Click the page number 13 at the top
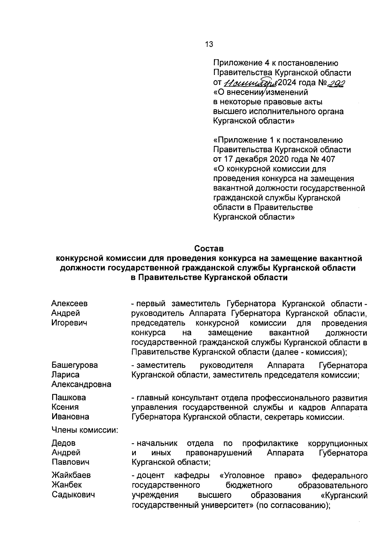pyautogui.click(x=209, y=44)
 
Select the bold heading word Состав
pyautogui.click(x=209, y=249)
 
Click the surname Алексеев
pyautogui.click(x=69, y=304)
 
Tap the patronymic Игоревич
pyautogui.click(x=69, y=323)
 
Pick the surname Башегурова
pyautogui.click(x=75, y=365)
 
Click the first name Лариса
pyautogui.click(x=65, y=375)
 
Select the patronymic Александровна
pyautogui.click(x=81, y=385)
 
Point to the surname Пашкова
pyautogui.click(x=69, y=398)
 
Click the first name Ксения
pyautogui.click(x=65, y=407)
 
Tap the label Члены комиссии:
pyautogui.click(x=85, y=430)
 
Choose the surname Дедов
pyautogui.click(x=64, y=443)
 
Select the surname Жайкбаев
pyautogui.click(x=71, y=475)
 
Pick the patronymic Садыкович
pyautogui.click(x=73, y=495)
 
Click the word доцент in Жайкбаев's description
pyautogui.click(x=150, y=476)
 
